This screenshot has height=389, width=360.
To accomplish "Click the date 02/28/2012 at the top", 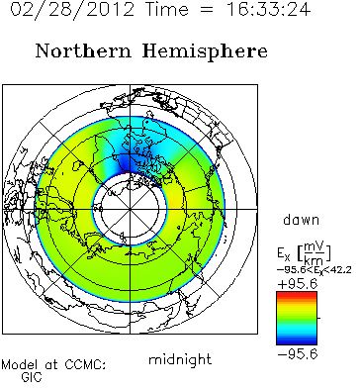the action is [x=72, y=9].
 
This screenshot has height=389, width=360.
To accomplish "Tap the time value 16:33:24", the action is [x=268, y=9].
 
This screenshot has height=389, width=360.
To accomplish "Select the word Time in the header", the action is [x=168, y=9].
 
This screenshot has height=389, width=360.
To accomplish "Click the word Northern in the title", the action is [x=83, y=51].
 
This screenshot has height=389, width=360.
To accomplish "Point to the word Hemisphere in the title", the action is [x=205, y=52].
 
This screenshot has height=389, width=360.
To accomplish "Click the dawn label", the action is [x=301, y=220].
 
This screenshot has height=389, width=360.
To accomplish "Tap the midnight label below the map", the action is [x=180, y=359].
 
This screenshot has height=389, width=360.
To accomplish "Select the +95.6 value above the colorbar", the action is [x=297, y=284].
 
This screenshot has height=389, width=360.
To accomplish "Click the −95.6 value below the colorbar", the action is [x=298, y=354].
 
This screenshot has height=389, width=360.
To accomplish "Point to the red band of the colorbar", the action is [x=297, y=294].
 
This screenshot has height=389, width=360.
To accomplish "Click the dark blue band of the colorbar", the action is [x=297, y=340].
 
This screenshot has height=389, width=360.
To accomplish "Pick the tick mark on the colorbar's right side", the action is [x=318, y=318].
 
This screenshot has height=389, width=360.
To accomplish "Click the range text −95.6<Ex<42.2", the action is [x=314, y=270].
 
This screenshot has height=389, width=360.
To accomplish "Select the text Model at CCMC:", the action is [x=53, y=365].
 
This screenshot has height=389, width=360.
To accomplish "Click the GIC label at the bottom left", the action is [x=32, y=377].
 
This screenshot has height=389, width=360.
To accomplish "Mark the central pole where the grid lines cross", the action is [x=130, y=209].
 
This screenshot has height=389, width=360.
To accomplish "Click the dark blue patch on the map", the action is [x=127, y=162].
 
